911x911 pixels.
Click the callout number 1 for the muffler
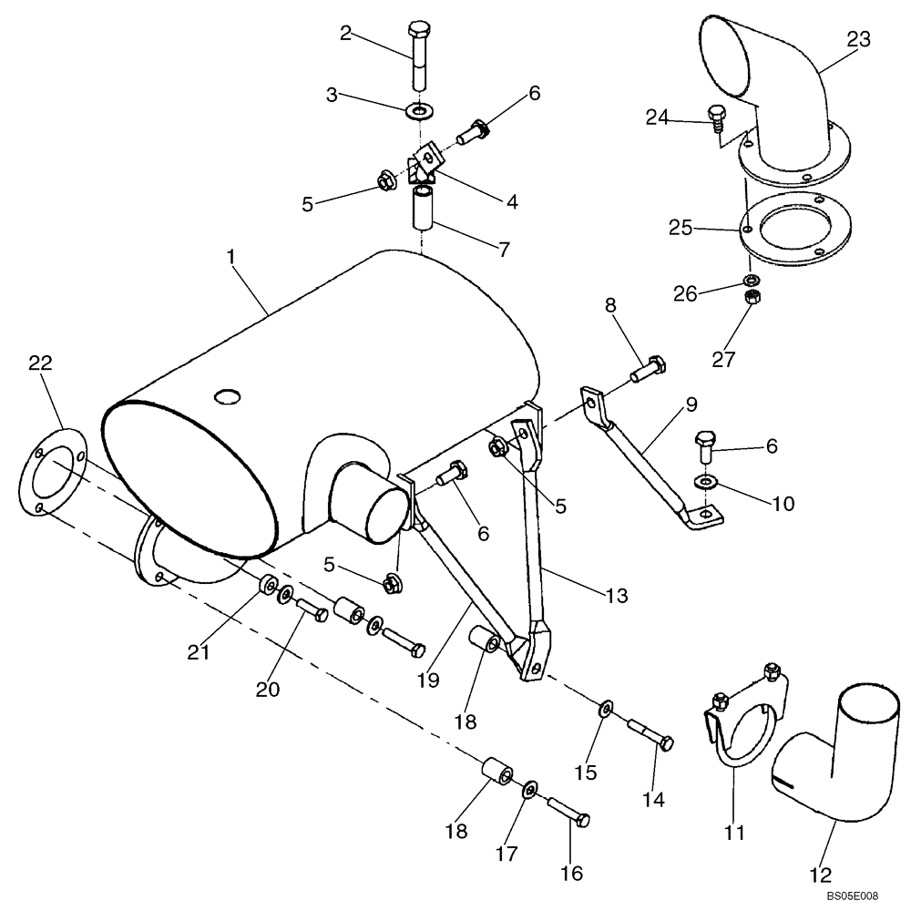click(231, 259)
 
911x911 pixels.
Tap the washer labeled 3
click(419, 112)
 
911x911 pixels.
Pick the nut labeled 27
click(753, 299)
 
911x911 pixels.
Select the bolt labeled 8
click(648, 370)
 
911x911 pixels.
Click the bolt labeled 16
click(568, 811)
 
